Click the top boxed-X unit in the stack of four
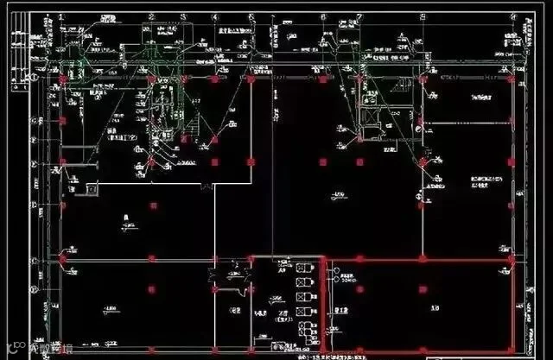[x=301, y=268]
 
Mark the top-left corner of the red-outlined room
[x=322, y=259]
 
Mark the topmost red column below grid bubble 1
[x=62, y=80]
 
